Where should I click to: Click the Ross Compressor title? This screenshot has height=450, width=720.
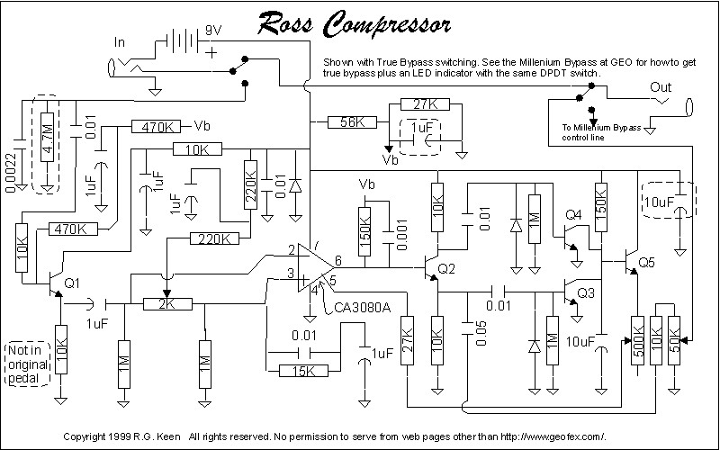354,23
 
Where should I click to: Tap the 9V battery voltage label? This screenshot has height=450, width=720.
213,31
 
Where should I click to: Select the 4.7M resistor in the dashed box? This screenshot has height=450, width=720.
48,138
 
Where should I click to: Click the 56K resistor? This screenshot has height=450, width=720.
352,122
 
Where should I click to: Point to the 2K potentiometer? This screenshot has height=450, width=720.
167,304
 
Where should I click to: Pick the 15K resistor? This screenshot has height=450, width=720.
303,371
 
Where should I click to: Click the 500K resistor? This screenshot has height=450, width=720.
637,341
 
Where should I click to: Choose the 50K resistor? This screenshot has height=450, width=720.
674,341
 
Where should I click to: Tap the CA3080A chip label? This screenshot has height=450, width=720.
363,307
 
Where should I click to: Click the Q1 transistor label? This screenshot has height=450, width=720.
72,283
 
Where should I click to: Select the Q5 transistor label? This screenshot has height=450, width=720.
647,262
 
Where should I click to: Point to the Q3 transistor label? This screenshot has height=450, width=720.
586,292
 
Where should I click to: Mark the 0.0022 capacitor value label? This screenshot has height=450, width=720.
11,172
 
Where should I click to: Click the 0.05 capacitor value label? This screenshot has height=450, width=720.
481,333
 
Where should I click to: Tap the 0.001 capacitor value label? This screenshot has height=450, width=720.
401,235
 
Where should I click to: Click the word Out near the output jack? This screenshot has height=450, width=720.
661,87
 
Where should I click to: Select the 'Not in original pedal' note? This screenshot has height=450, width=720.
28,364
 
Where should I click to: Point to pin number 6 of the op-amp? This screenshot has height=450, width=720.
338,260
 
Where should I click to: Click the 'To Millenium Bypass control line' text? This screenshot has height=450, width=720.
601,132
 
